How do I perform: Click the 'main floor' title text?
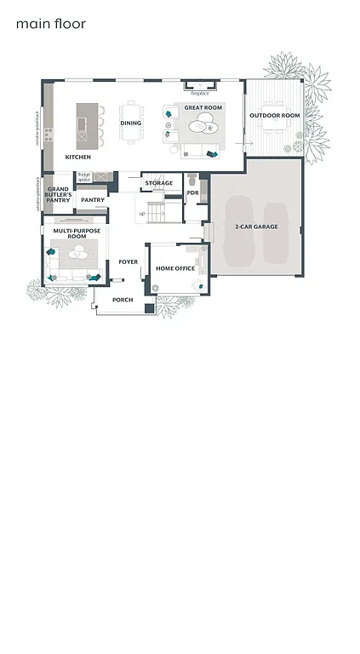(51, 24)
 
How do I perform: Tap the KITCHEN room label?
(77, 157)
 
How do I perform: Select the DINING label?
(130, 123)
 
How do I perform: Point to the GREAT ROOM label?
(203, 108)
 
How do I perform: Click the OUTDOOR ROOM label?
(274, 116)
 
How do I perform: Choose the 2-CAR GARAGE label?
(254, 227)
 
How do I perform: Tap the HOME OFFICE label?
(175, 269)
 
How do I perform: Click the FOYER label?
(129, 262)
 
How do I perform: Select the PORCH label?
(123, 300)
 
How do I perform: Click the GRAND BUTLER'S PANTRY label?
(59, 195)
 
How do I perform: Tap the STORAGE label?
(158, 183)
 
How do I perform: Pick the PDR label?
(192, 192)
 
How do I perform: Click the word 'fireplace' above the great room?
(199, 82)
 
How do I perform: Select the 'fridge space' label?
(84, 177)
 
